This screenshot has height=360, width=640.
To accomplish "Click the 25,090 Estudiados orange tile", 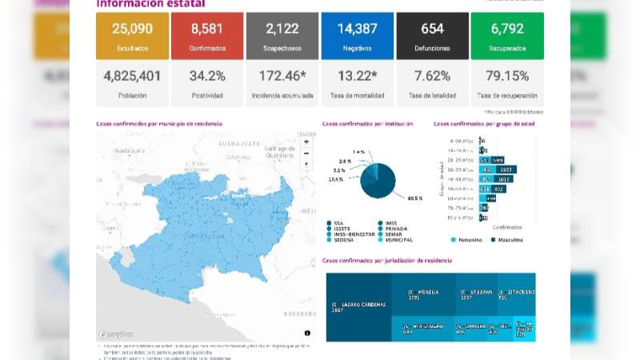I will [132, 36].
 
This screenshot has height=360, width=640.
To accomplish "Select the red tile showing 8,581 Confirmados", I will [207, 36].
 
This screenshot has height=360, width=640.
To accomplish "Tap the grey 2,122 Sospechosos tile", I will [282, 36].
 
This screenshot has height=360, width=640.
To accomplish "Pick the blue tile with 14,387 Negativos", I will [358, 36].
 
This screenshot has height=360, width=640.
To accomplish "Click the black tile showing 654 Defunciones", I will [432, 36].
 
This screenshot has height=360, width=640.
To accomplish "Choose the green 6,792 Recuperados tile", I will [507, 36].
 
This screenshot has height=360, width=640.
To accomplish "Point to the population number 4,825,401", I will [132, 77].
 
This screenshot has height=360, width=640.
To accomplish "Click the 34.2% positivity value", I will [207, 77].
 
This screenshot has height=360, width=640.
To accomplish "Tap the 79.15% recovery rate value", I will [507, 77].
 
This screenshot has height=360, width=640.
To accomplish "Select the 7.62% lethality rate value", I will [432, 77].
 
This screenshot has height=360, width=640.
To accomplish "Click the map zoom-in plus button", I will [306, 142].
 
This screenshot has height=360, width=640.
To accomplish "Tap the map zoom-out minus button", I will [306, 153].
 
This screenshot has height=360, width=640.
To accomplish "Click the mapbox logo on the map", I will [116, 334].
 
